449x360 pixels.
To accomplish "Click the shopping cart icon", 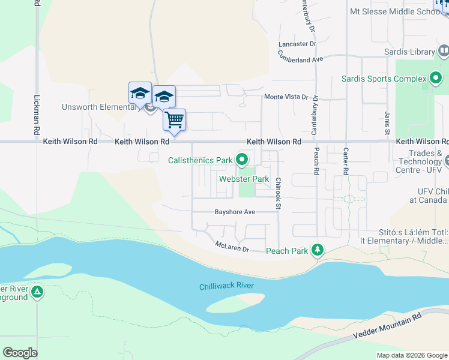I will (x=175, y=120).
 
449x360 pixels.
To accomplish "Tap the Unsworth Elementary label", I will (x=100, y=107).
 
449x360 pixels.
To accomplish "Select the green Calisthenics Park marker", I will (x=242, y=160).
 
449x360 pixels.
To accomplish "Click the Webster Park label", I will (x=244, y=179).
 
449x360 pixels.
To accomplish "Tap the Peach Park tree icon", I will (x=318, y=250).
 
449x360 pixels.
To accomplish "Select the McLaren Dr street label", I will (x=232, y=246).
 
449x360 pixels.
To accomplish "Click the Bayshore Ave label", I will (x=235, y=212).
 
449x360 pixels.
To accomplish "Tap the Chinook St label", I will (x=279, y=193).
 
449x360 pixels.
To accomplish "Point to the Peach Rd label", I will (x=316, y=162).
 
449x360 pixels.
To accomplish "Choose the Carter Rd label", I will (x=346, y=161).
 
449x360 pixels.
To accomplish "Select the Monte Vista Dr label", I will (x=286, y=97).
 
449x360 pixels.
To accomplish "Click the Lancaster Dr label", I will (x=297, y=44).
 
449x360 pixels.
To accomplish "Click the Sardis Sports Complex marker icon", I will (x=436, y=79).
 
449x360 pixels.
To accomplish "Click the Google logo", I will (x=20, y=352).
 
